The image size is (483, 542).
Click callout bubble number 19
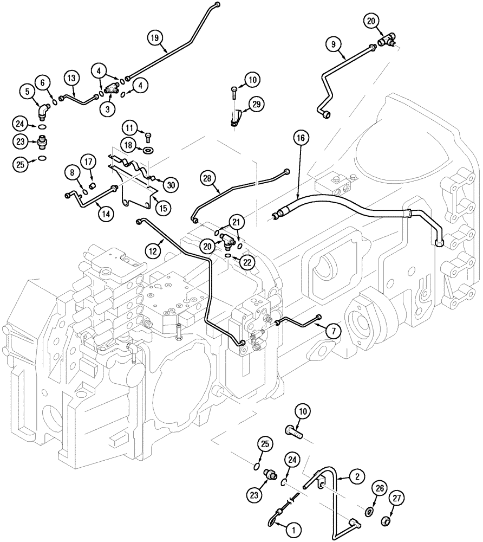154,37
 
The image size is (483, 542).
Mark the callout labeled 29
256,102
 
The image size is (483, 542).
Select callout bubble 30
171,185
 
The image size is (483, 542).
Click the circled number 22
247,261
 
